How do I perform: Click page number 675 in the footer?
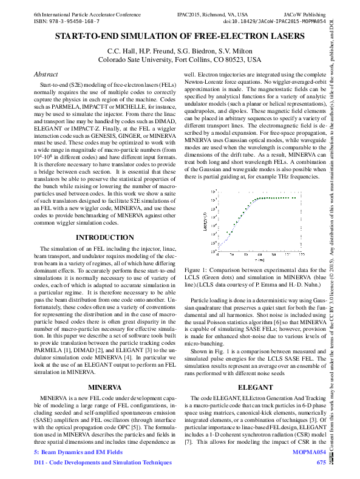click(x=321, y=463)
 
